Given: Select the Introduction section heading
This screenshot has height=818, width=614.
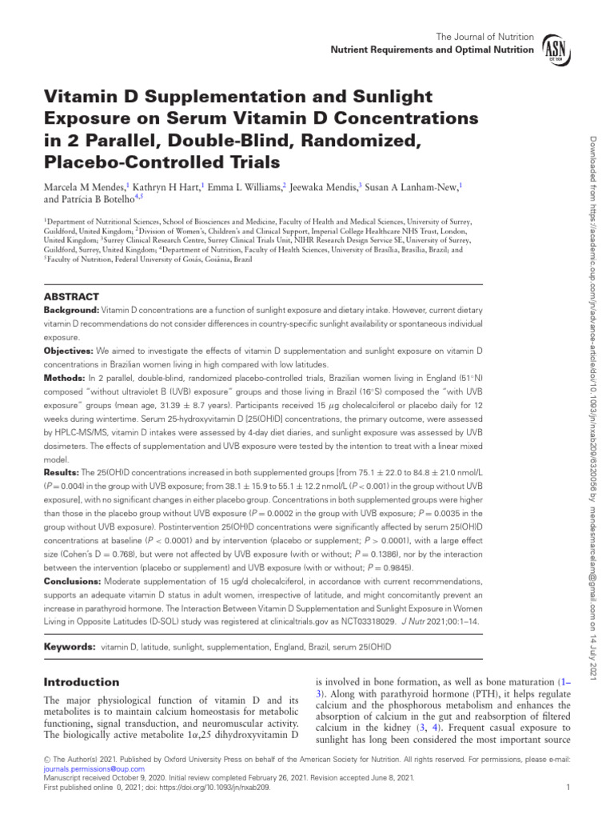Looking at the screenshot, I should point(81,681).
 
